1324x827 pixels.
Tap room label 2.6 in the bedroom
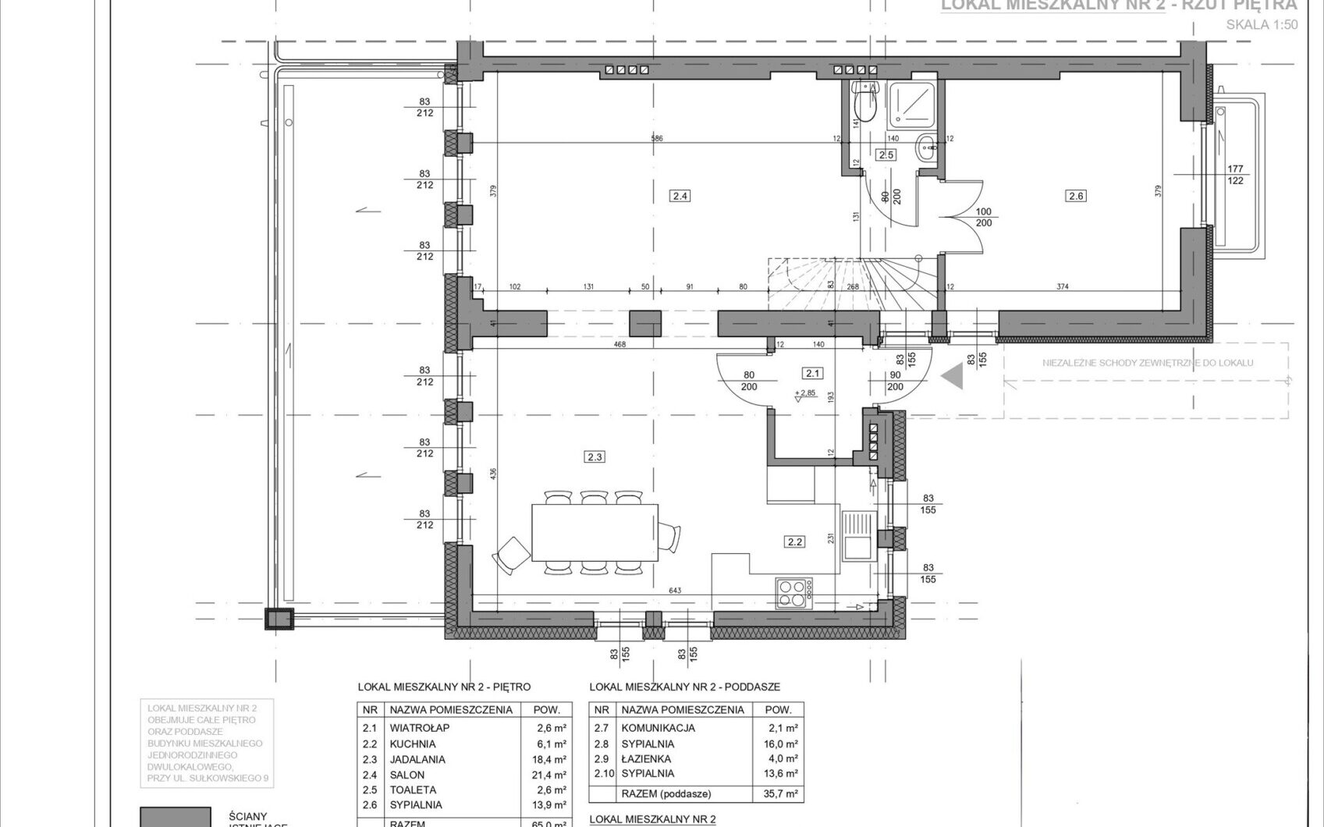coord(1077,196)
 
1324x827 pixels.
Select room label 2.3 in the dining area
coord(595,456)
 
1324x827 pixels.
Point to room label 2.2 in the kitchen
coord(795,541)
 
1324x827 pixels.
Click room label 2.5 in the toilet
coord(886,154)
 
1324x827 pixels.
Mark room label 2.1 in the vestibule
coord(814,373)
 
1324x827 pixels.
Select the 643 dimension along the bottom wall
coord(675,591)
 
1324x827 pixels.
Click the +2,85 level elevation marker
coord(804,393)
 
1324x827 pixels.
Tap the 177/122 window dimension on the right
coord(1235,174)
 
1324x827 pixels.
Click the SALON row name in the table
coord(407,775)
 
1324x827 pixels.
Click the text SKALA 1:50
coord(1262,25)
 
